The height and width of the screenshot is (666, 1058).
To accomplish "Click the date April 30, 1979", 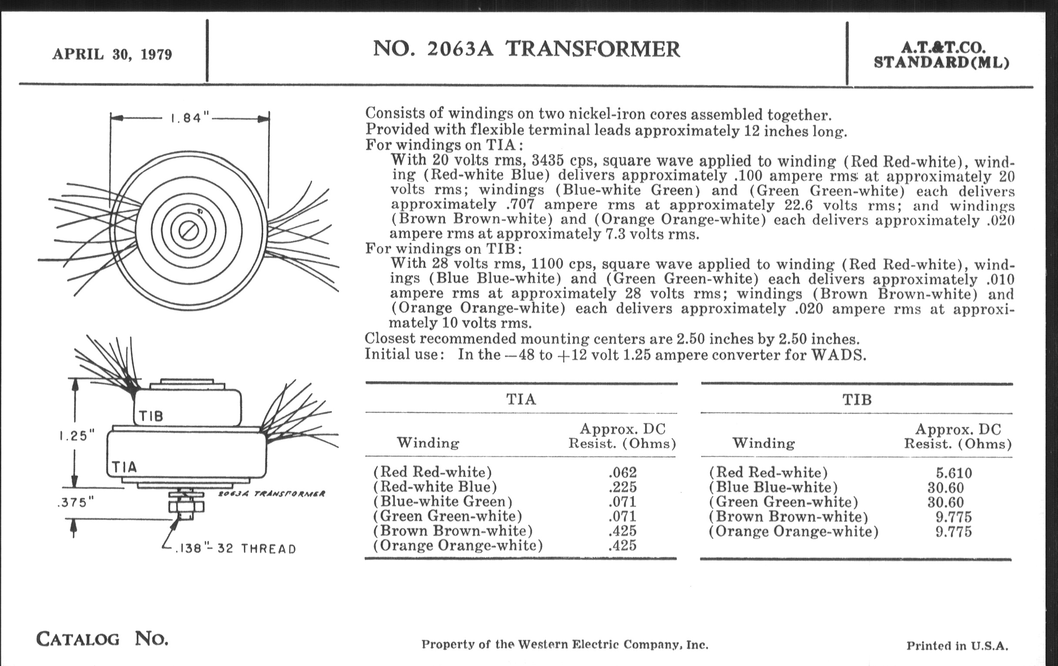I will [112, 54].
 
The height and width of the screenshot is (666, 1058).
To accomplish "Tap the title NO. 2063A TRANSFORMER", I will [526, 49].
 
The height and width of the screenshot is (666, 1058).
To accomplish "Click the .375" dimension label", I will [76, 502].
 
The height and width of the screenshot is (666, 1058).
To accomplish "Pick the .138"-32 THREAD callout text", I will [235, 548].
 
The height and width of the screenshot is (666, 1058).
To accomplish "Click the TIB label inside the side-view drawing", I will [151, 416].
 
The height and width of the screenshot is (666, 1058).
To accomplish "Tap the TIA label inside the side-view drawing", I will [124, 467].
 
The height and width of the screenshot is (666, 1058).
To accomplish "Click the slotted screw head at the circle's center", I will [189, 231].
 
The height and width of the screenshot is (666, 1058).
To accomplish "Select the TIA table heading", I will [521, 399].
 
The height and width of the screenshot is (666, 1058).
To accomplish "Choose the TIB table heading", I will [857, 400].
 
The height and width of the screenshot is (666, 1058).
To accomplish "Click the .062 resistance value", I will [623, 472].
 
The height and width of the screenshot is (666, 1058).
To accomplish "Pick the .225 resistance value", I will [623, 487].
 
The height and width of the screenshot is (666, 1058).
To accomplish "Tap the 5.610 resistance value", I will [954, 473].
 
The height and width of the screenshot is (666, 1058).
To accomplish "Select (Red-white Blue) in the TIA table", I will [435, 487].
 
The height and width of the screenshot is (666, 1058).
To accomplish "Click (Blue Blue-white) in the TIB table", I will [773, 488].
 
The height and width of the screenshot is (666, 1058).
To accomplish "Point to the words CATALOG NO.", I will [102, 639].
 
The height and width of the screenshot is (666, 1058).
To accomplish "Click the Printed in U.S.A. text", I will [957, 646].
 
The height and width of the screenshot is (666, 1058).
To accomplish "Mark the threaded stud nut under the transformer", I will [186, 507].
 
